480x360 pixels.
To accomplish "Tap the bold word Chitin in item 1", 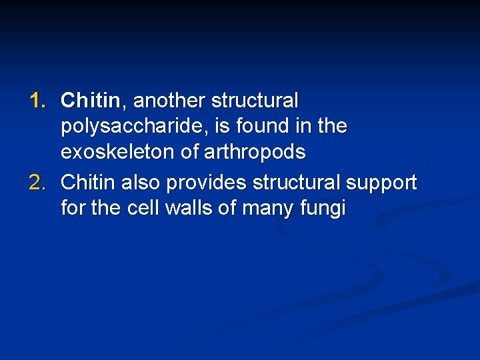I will [90, 101].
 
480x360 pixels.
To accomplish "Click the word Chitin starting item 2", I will [88, 183].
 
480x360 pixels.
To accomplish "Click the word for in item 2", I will [73, 209].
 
